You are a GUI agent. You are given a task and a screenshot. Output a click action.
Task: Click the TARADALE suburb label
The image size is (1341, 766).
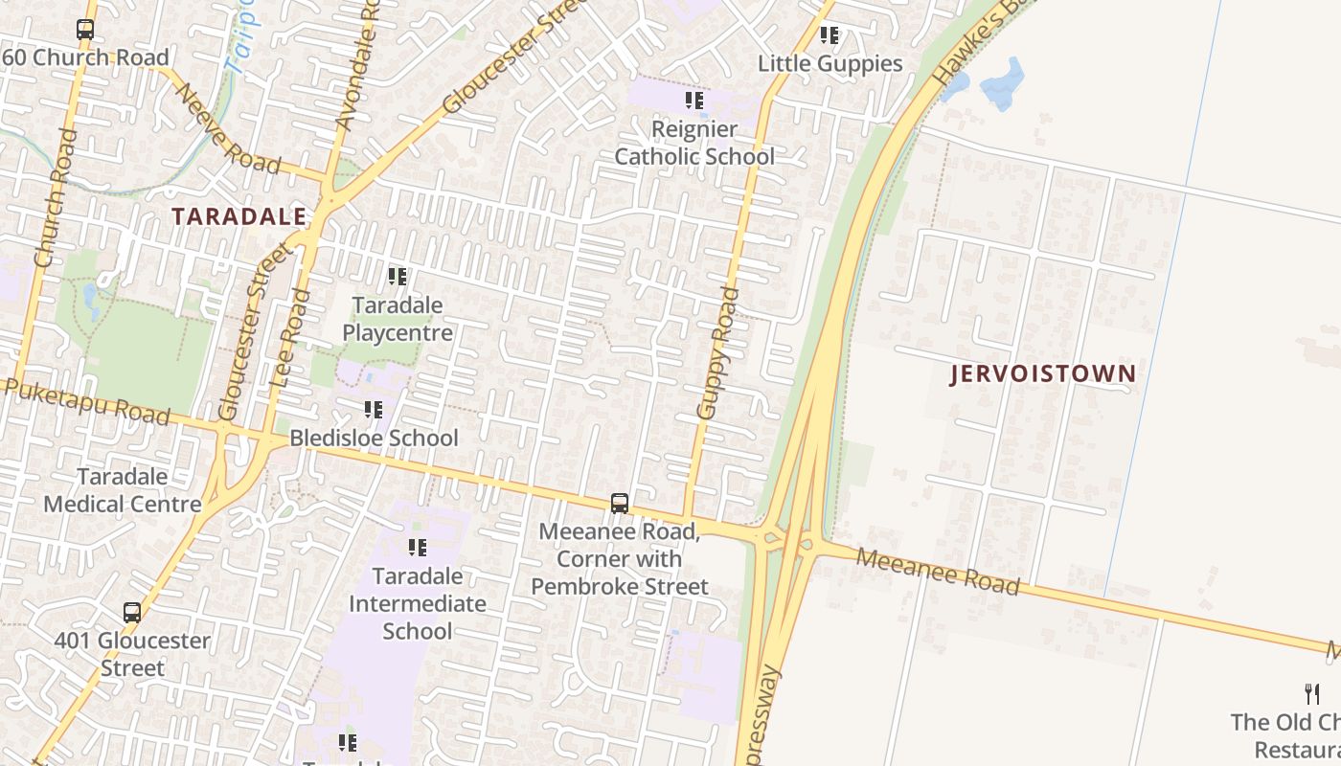coord(239,216)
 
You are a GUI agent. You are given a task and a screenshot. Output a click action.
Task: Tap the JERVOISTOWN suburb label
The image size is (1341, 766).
coord(1043,373)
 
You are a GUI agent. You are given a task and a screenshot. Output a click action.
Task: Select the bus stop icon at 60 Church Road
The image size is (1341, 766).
coord(85,30)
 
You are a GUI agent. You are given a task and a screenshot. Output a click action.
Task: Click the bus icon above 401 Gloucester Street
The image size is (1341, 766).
coord(132,613)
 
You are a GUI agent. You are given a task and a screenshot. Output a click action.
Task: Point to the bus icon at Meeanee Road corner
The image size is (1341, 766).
coord(620,504)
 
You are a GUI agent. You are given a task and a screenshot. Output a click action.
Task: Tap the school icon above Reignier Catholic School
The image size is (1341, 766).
coord(694,101)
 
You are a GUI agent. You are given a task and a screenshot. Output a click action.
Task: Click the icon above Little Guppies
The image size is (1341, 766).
coord(830,36)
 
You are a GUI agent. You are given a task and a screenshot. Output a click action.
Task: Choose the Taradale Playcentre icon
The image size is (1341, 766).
coord(398,278)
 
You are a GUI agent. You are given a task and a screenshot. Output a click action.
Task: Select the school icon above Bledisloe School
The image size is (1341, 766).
coord(374,411)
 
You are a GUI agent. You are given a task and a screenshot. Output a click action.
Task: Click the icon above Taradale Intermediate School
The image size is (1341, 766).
coord(418,548)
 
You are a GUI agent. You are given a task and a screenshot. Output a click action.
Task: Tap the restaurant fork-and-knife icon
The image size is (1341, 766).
coord(1312,694)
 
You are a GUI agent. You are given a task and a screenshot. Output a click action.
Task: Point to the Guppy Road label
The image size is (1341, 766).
coord(718,353)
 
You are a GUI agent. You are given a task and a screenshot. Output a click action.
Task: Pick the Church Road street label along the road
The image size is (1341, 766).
coord(55,197)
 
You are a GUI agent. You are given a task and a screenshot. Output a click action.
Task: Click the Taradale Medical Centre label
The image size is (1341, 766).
coord(122,490)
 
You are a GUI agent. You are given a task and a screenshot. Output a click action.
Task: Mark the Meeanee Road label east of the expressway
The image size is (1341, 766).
coord(937,571)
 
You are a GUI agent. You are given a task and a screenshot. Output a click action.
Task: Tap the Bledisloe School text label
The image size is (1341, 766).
coord(375,439)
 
